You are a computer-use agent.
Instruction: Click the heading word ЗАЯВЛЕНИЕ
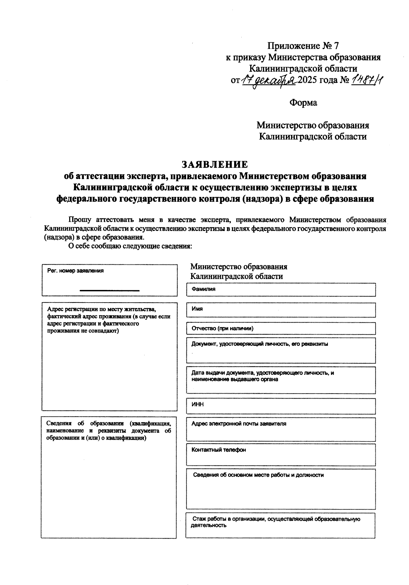(215, 165)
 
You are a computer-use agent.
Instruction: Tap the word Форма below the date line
(303, 103)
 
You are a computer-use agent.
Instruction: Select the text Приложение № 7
(303, 46)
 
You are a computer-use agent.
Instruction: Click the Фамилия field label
(203, 289)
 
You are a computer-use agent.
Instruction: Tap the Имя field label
(197, 309)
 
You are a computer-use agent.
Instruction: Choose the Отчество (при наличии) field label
(222, 328)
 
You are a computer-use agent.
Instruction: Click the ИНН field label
(198, 404)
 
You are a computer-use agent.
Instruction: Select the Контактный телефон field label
(218, 450)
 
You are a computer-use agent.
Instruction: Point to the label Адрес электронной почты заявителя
(239, 424)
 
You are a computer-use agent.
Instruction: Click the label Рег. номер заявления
(75, 271)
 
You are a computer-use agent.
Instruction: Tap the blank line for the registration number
(109, 290)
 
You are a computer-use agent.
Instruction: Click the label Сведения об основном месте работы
(258, 475)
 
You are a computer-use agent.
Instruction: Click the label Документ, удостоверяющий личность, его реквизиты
(260, 344)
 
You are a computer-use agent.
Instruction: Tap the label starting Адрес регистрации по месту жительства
(108, 320)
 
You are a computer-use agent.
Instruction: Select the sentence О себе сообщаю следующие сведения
(131, 246)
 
